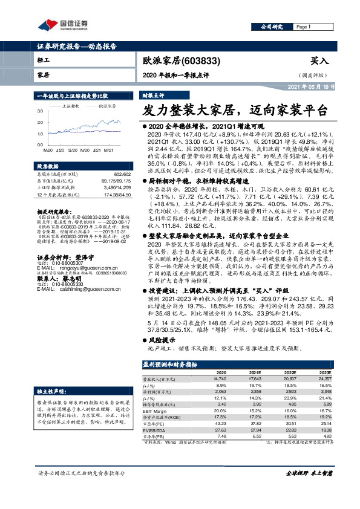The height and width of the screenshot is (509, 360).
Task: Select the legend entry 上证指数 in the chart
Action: coord(71,105)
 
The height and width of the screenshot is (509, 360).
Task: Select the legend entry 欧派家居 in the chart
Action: coord(108,105)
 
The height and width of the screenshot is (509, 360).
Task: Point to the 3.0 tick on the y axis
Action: coord(40,111)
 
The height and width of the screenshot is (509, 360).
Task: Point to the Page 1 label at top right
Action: coord(303,27)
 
